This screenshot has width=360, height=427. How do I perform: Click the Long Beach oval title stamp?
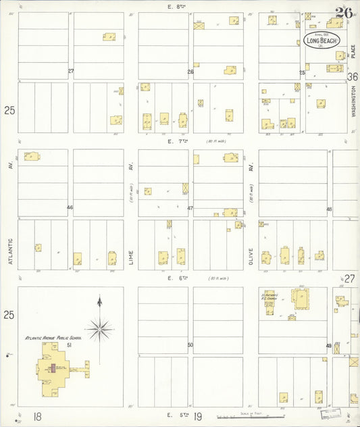pyautogui.click(x=321, y=40)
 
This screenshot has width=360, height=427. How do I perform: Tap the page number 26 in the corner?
pyautogui.click(x=344, y=12)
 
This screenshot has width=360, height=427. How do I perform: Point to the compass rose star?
pyautogui.click(x=100, y=329)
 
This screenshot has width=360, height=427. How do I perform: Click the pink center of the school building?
pyautogui.click(x=52, y=369)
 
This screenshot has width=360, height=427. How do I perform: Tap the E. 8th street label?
pyautogui.click(x=176, y=6)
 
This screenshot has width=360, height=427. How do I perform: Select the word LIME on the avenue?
pyautogui.click(x=131, y=256)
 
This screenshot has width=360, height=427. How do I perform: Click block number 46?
pyautogui.click(x=70, y=207)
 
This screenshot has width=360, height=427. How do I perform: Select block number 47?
pyautogui.click(x=190, y=208)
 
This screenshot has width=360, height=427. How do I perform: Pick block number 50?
pyautogui.click(x=190, y=345)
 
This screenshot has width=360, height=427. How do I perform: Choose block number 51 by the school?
pyautogui.click(x=70, y=345)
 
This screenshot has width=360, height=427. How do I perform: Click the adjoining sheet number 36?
pyautogui.click(x=352, y=77)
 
